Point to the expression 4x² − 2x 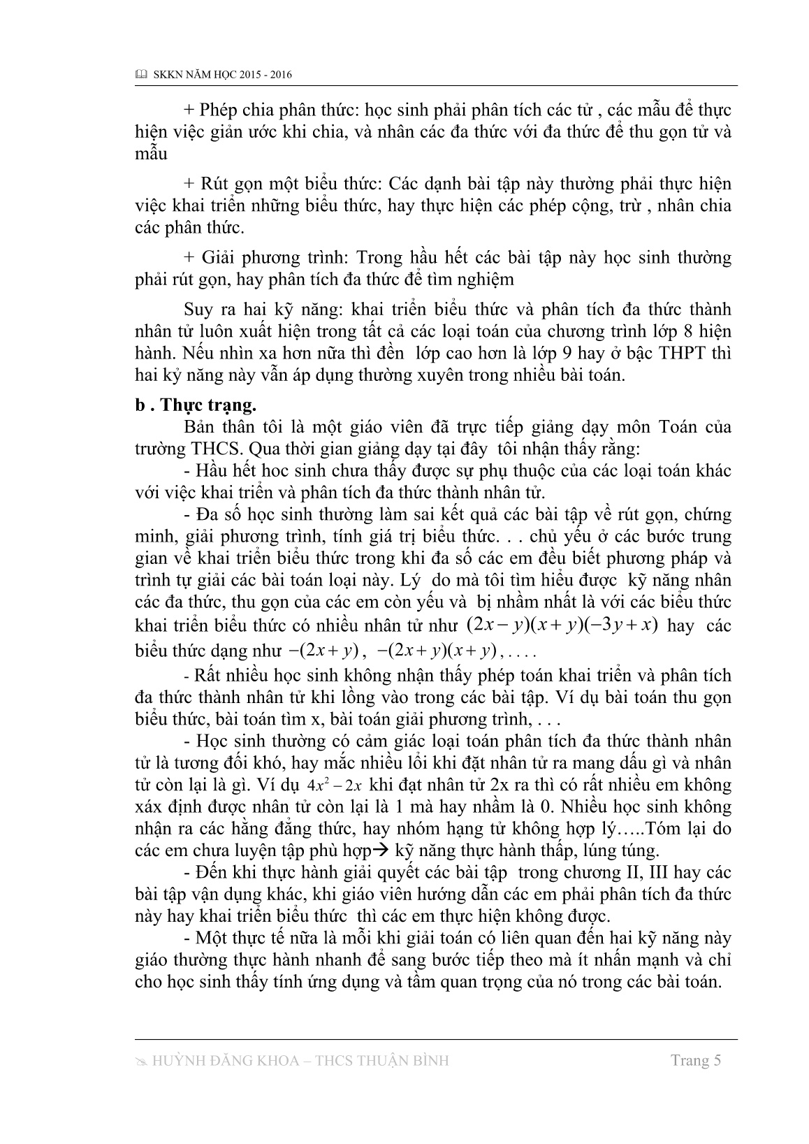(x=337, y=785)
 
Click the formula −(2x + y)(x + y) (x=436, y=651)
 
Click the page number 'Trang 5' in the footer (x=695, y=1060)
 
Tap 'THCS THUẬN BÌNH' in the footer (x=385, y=1061)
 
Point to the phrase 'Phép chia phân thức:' (x=261, y=110)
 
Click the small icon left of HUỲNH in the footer (x=140, y=1061)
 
